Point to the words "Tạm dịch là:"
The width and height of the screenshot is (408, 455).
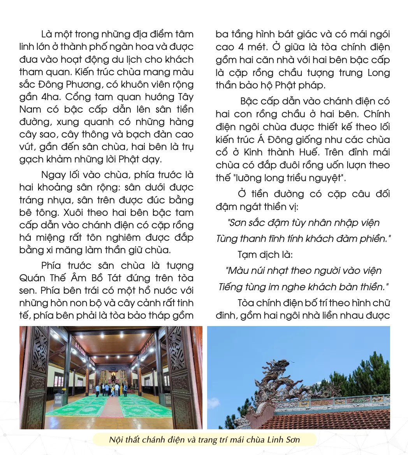(265, 254)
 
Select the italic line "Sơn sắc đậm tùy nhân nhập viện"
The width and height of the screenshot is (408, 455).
(303, 223)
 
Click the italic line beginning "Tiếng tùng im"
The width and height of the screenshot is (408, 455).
(303, 287)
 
